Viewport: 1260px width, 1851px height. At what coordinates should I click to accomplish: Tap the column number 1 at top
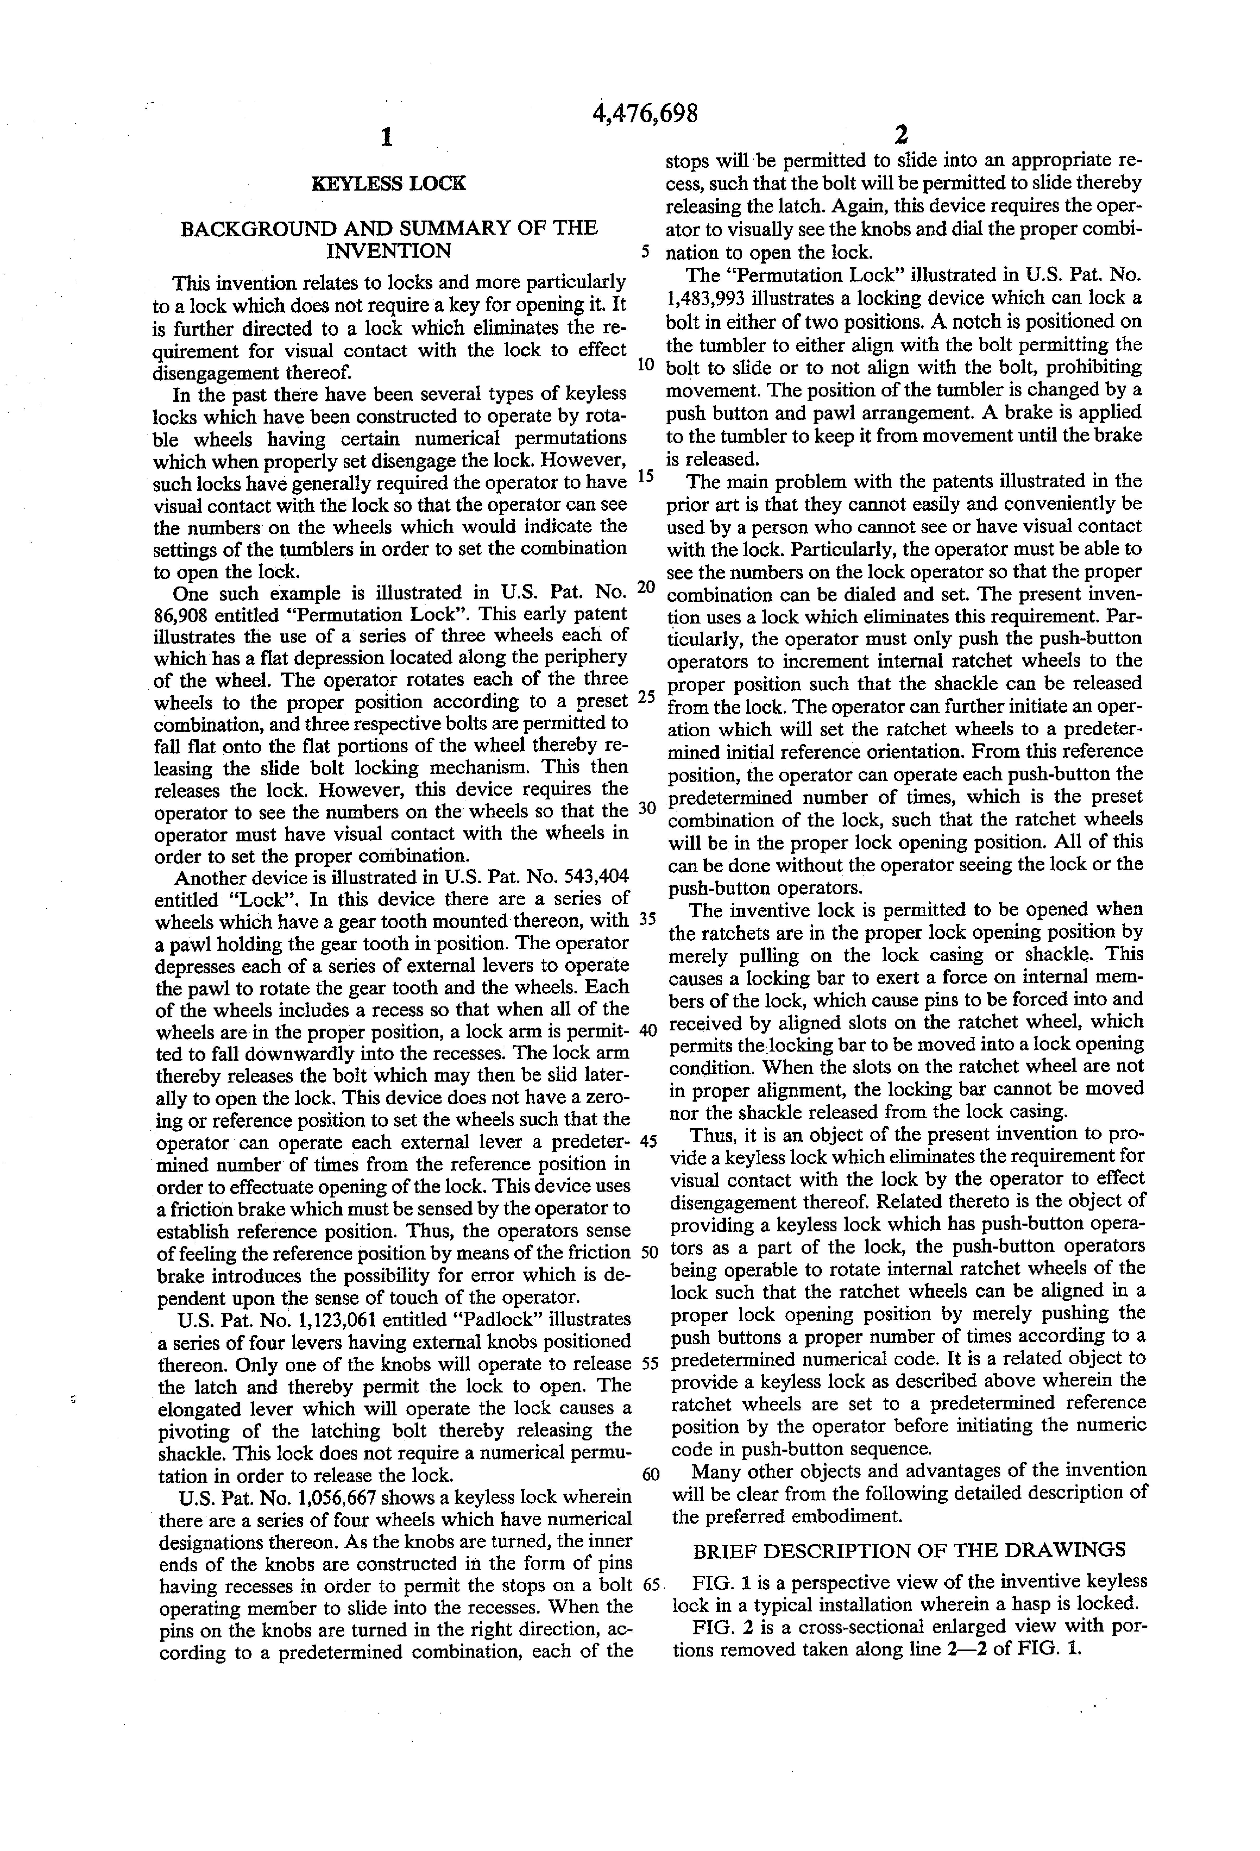click(x=387, y=138)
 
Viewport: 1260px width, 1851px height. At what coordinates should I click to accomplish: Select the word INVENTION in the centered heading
click(x=389, y=252)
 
